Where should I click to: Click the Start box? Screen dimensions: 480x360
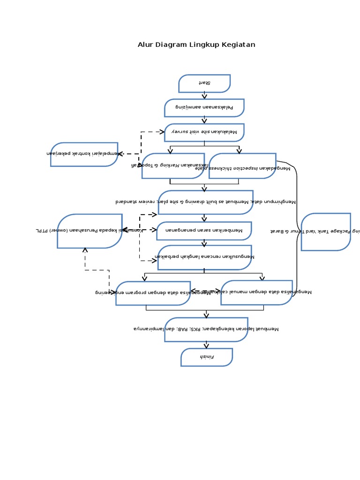click(204, 83)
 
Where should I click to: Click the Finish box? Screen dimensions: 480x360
click(207, 357)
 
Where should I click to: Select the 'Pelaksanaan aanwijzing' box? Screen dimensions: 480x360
click(204, 108)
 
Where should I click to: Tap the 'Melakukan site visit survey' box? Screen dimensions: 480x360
click(204, 132)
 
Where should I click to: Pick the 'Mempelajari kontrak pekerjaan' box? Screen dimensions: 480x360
click(84, 154)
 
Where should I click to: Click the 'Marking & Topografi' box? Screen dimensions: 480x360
click(173, 166)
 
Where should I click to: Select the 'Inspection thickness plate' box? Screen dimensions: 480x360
click(242, 166)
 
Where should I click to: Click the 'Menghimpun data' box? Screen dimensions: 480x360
click(205, 202)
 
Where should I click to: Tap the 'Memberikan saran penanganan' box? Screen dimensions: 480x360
click(204, 231)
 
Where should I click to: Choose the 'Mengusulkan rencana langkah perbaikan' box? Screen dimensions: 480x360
click(204, 257)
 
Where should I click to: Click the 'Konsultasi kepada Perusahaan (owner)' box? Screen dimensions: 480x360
click(90, 231)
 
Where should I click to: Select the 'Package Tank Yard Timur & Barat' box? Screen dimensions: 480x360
click(325, 232)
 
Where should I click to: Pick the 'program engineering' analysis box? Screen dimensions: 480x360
click(153, 293)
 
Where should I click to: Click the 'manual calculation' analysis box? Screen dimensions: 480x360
click(256, 292)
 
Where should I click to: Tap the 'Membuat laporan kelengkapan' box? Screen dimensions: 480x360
click(206, 330)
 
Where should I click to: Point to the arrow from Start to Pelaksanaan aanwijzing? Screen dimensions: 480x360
click(204, 96)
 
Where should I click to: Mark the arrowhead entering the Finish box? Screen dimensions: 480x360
click(206, 346)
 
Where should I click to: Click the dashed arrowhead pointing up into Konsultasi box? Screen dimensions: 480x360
click(85, 250)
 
